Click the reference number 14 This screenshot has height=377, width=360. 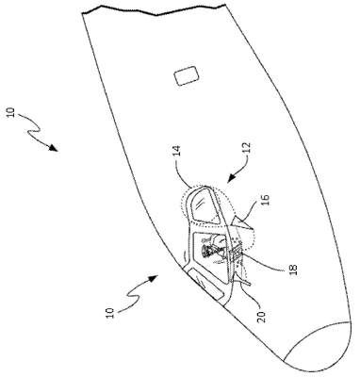(177, 151)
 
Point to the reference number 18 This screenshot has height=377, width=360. (293, 270)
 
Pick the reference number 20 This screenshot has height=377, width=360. (263, 317)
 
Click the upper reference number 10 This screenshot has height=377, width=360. (11, 113)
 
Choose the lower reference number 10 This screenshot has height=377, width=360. (109, 313)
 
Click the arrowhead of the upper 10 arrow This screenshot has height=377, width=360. (54, 148)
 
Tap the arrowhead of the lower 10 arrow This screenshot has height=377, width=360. (154, 278)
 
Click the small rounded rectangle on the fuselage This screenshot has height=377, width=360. (188, 75)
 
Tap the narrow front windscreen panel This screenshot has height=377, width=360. (205, 285)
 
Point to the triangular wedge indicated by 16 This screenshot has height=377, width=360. (242, 224)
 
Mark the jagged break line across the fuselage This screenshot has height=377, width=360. (154, 10)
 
